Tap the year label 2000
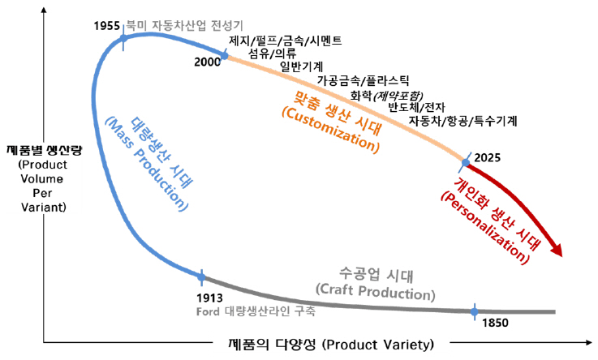click(209, 62)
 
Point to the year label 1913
click(210, 297)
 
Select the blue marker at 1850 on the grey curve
click(475, 311)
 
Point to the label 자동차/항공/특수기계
click(463, 121)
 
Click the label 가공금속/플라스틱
click(364, 80)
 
